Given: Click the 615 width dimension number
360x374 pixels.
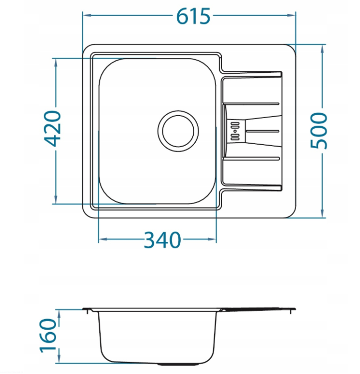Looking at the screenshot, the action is point(193,16).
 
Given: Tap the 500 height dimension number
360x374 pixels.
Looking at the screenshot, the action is point(319,131).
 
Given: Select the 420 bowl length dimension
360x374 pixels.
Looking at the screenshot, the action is point(53,128).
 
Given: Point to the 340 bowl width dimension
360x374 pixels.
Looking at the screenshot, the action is point(162,240).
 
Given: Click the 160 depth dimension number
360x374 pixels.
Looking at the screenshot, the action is point(48,336).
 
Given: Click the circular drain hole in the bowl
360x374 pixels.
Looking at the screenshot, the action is point(178,131).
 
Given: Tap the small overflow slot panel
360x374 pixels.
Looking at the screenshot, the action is point(235,131).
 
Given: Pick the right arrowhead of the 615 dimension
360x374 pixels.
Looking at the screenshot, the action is point(292,15).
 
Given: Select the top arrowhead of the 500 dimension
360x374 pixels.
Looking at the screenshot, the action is point(323,49).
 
